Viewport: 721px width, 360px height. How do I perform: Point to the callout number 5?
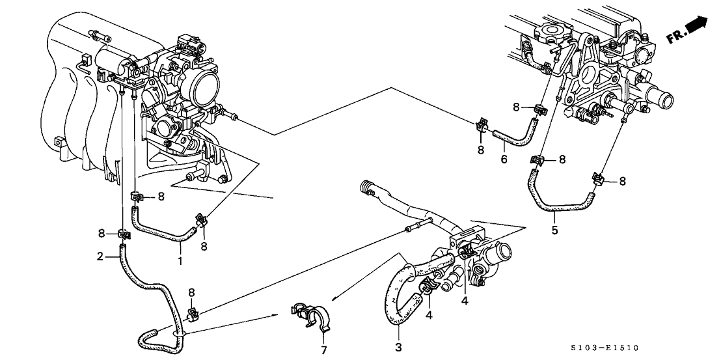pos(555,230)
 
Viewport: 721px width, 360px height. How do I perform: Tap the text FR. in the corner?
pos(676,38)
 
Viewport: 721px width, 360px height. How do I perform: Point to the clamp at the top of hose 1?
pos(137,196)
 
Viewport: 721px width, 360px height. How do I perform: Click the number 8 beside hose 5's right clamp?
pos(622,182)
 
